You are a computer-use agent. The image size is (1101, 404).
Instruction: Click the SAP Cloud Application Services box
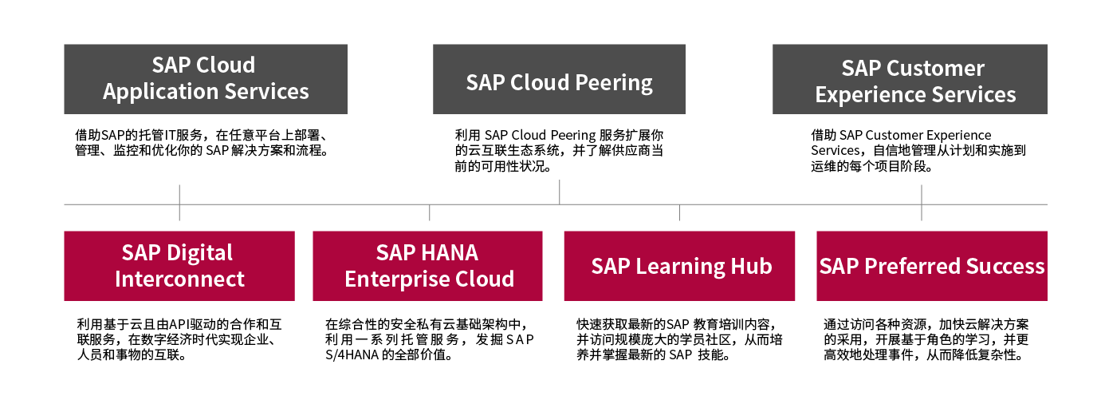click(x=206, y=79)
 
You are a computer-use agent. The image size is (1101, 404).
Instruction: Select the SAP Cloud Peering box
click(x=559, y=79)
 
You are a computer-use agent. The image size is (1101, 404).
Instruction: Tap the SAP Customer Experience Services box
click(x=910, y=79)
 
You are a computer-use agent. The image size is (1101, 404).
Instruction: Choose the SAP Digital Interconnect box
click(x=179, y=266)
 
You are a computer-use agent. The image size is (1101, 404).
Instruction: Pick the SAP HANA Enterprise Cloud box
click(x=427, y=266)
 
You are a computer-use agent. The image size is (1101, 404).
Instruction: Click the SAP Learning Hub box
click(x=679, y=266)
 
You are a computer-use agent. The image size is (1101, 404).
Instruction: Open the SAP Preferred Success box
click(x=932, y=266)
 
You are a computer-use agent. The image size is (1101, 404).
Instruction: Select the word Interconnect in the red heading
click(x=179, y=279)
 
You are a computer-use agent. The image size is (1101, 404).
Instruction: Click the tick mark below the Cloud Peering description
click(x=560, y=192)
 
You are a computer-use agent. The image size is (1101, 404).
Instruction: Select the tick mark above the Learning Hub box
click(x=680, y=212)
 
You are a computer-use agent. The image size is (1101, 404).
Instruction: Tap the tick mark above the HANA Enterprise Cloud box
click(x=430, y=212)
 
